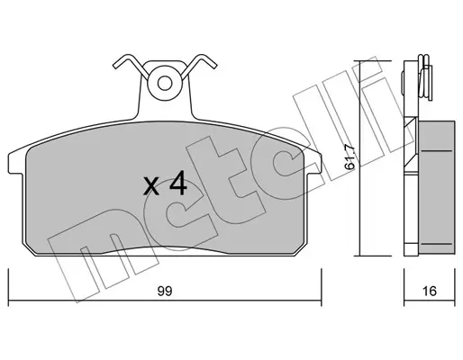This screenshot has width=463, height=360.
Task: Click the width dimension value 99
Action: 165,291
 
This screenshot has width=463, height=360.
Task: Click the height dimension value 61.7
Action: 350,157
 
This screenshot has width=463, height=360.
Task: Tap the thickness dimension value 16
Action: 429,291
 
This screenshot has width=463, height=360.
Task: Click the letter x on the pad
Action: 151,185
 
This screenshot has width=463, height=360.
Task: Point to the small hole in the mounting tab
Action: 165,83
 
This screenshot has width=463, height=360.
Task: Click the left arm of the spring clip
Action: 130,66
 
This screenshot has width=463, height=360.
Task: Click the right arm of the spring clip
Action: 199,66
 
